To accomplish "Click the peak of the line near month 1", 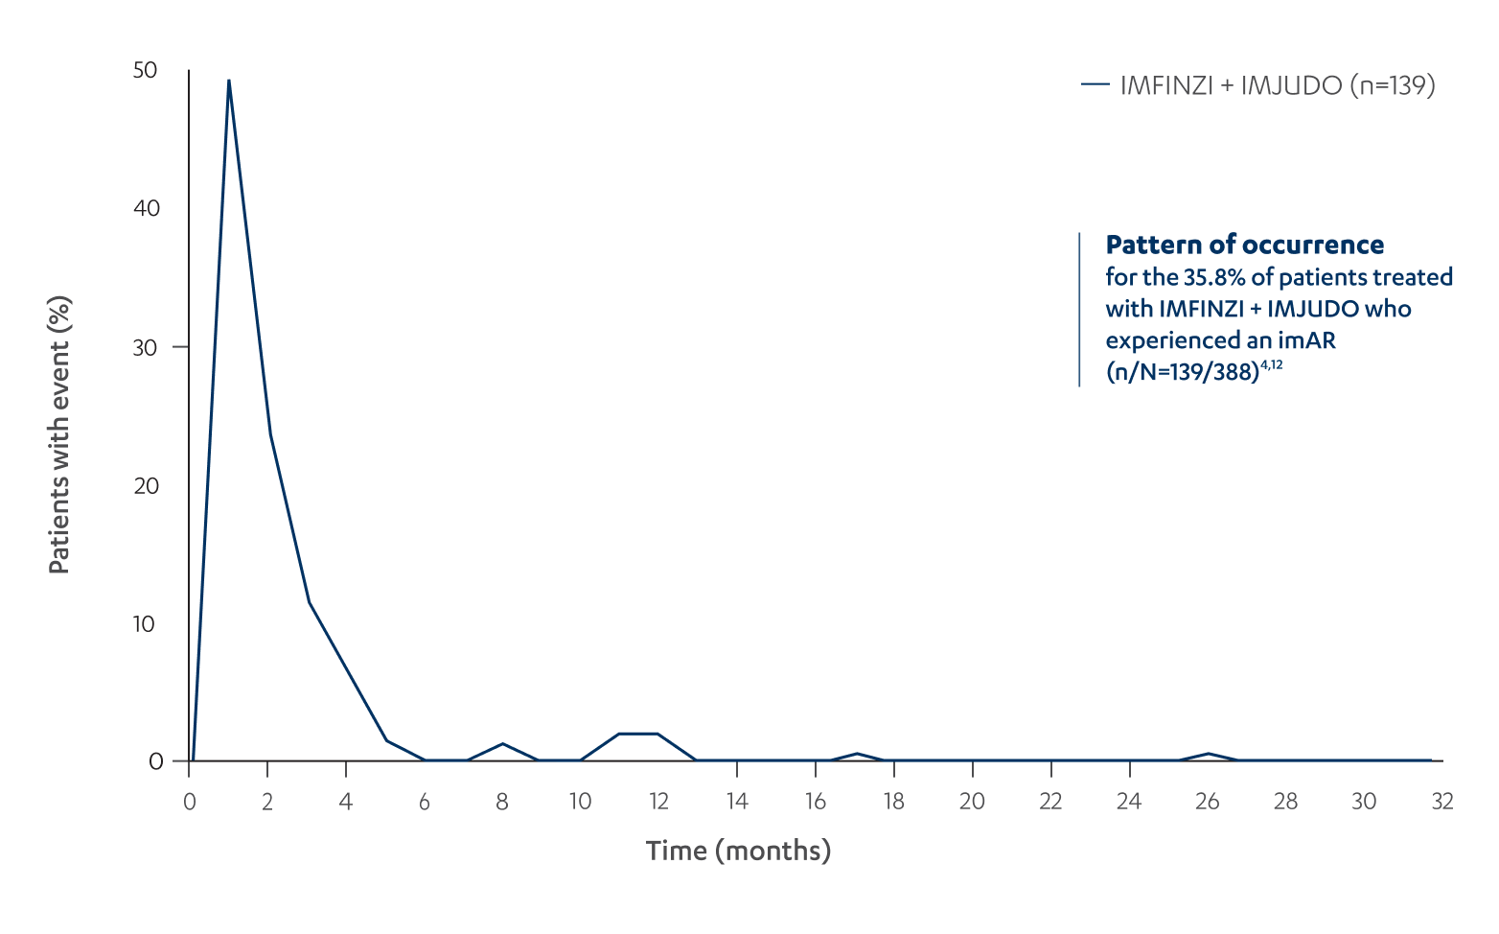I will (x=228, y=81).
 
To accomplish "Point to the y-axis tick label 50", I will (x=146, y=70).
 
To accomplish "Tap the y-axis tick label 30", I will (x=146, y=347).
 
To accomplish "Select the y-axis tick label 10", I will (x=144, y=624).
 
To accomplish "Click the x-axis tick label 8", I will (x=502, y=802).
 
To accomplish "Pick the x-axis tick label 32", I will (x=1442, y=802).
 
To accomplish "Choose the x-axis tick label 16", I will (x=815, y=802).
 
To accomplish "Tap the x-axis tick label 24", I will (x=1129, y=802).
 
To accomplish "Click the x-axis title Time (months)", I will (x=738, y=851).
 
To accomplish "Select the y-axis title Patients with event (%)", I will (x=59, y=434).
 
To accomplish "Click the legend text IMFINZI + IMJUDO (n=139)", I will (x=1278, y=85).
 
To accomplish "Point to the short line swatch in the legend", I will (x=1095, y=85).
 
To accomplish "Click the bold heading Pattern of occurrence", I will (x=1244, y=245).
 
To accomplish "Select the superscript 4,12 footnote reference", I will (x=1271, y=365).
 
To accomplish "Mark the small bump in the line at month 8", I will (x=502, y=744).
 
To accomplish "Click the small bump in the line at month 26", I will (x=1209, y=754).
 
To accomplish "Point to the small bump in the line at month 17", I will (x=857, y=754).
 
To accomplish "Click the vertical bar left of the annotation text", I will (x=1079, y=309).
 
